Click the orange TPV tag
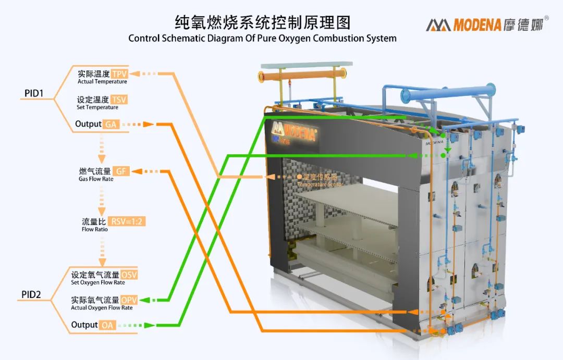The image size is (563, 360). pyautogui.click(x=119, y=73)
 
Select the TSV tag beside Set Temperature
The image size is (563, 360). pyautogui.click(x=119, y=100)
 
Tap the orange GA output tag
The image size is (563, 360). pyautogui.click(x=111, y=125)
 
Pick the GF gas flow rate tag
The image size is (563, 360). pyautogui.click(x=120, y=171)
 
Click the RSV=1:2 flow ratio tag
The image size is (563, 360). pyautogui.click(x=128, y=221)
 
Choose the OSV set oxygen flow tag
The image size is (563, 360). pyautogui.click(x=129, y=275)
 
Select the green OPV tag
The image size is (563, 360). pyautogui.click(x=129, y=300)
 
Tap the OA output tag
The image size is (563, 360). pyautogui.click(x=108, y=325)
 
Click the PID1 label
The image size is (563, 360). pyautogui.click(x=34, y=94)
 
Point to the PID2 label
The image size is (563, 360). pyautogui.click(x=31, y=295)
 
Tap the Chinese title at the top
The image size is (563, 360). pyautogui.click(x=262, y=22)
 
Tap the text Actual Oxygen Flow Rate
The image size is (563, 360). pyautogui.click(x=102, y=308)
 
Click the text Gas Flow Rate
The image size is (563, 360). pyautogui.click(x=92, y=179)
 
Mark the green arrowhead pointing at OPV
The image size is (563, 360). pyautogui.click(x=144, y=300)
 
